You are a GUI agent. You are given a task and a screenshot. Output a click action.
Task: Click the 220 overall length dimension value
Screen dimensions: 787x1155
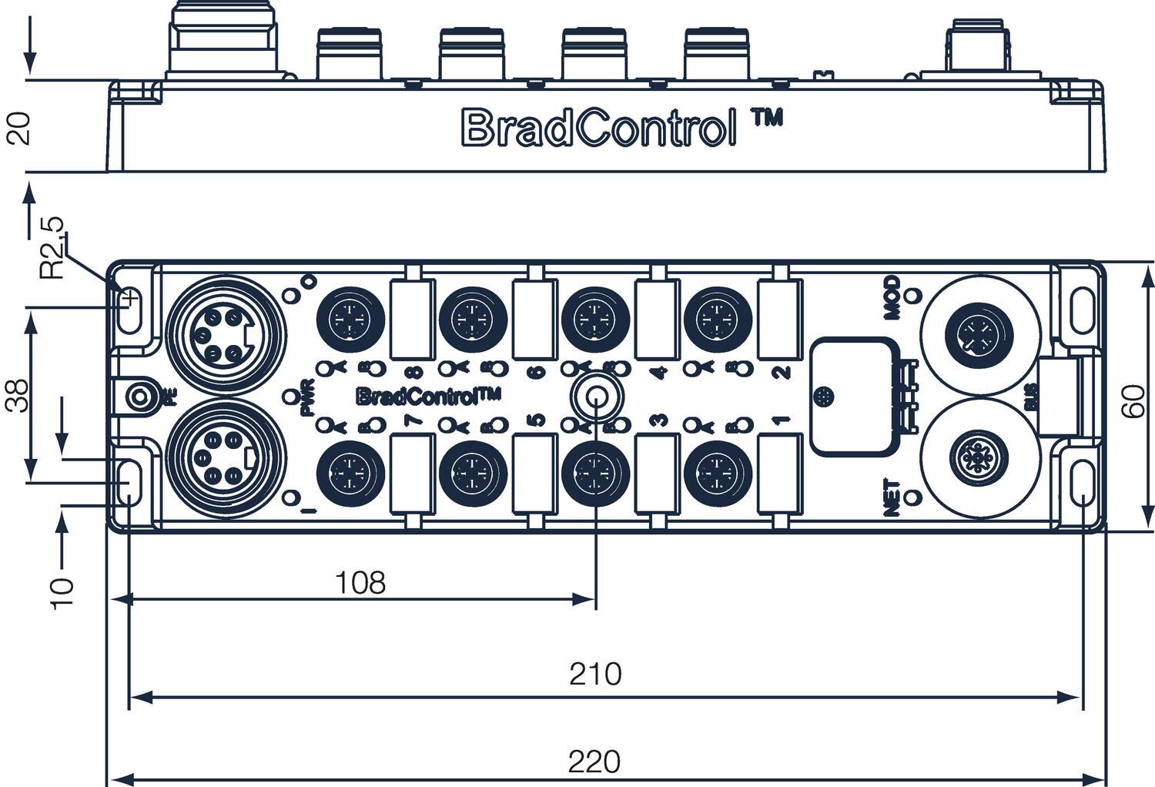(594, 762)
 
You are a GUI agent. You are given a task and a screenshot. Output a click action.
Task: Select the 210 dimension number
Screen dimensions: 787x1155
(595, 674)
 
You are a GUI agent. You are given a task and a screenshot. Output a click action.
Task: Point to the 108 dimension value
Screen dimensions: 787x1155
(360, 583)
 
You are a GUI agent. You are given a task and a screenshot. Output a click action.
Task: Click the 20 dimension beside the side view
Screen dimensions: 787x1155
(18, 128)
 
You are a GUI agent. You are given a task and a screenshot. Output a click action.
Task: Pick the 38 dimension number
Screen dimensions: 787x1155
(18, 395)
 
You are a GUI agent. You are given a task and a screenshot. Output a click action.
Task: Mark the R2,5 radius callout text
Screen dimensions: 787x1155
(52, 247)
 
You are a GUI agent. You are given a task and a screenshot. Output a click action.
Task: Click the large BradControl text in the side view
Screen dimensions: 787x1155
(595, 128)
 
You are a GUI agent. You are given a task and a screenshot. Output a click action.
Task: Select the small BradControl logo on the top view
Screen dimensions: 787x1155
(427, 397)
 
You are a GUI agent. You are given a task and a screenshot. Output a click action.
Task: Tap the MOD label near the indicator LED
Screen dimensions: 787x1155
(892, 296)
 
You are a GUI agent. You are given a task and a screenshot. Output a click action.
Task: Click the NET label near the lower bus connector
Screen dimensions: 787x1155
(892, 497)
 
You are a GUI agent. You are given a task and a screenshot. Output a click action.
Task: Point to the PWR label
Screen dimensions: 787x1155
(307, 397)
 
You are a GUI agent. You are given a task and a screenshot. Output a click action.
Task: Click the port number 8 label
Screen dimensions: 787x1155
(415, 373)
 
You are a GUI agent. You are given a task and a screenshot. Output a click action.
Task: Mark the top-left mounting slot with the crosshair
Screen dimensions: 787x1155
(132, 299)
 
